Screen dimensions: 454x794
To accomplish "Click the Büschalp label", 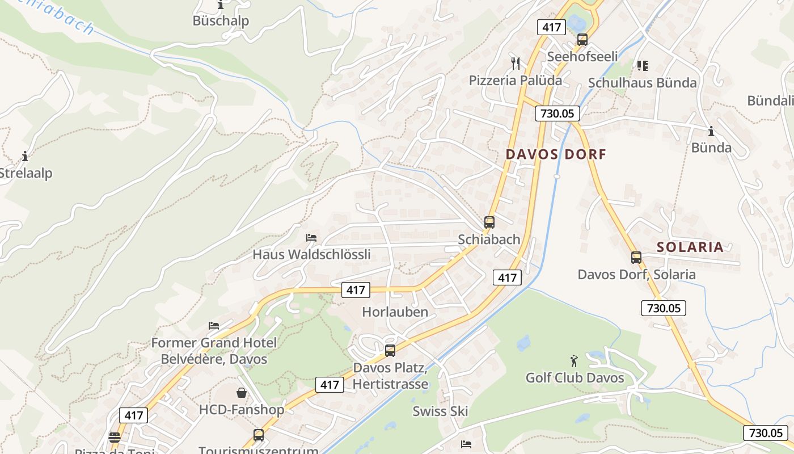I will tap(221, 21).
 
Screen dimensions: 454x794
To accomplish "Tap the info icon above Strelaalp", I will tap(24, 156).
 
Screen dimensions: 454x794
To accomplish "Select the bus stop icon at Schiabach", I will tap(489, 222).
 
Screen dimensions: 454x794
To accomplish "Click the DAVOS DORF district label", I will tap(556, 154).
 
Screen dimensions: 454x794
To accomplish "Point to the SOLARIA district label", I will tap(690, 247).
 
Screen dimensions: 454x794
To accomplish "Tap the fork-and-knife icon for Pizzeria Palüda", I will tap(515, 63).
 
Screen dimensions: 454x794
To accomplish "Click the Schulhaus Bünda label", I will tap(642, 83).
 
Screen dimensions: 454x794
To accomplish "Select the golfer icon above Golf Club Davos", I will tap(574, 361).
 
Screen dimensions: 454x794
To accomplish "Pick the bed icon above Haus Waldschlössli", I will tap(311, 237).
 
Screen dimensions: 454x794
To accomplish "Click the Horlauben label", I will tap(395, 312).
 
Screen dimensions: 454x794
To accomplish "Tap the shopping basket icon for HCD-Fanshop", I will tap(242, 393).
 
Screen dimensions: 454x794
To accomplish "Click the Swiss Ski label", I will tap(440, 411).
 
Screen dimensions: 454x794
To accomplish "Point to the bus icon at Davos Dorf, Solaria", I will tap(636, 258).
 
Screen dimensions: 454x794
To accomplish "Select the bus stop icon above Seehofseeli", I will tap(582, 40).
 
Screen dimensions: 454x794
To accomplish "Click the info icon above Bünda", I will tap(711, 132).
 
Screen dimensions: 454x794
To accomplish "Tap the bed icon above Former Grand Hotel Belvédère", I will tap(214, 326).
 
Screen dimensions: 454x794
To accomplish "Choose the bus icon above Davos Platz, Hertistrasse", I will tap(390, 351).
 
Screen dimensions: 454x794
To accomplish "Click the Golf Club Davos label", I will tap(575, 378).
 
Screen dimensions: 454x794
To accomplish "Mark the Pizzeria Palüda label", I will tap(515, 81).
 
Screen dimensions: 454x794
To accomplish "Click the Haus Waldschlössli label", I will tap(311, 254).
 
